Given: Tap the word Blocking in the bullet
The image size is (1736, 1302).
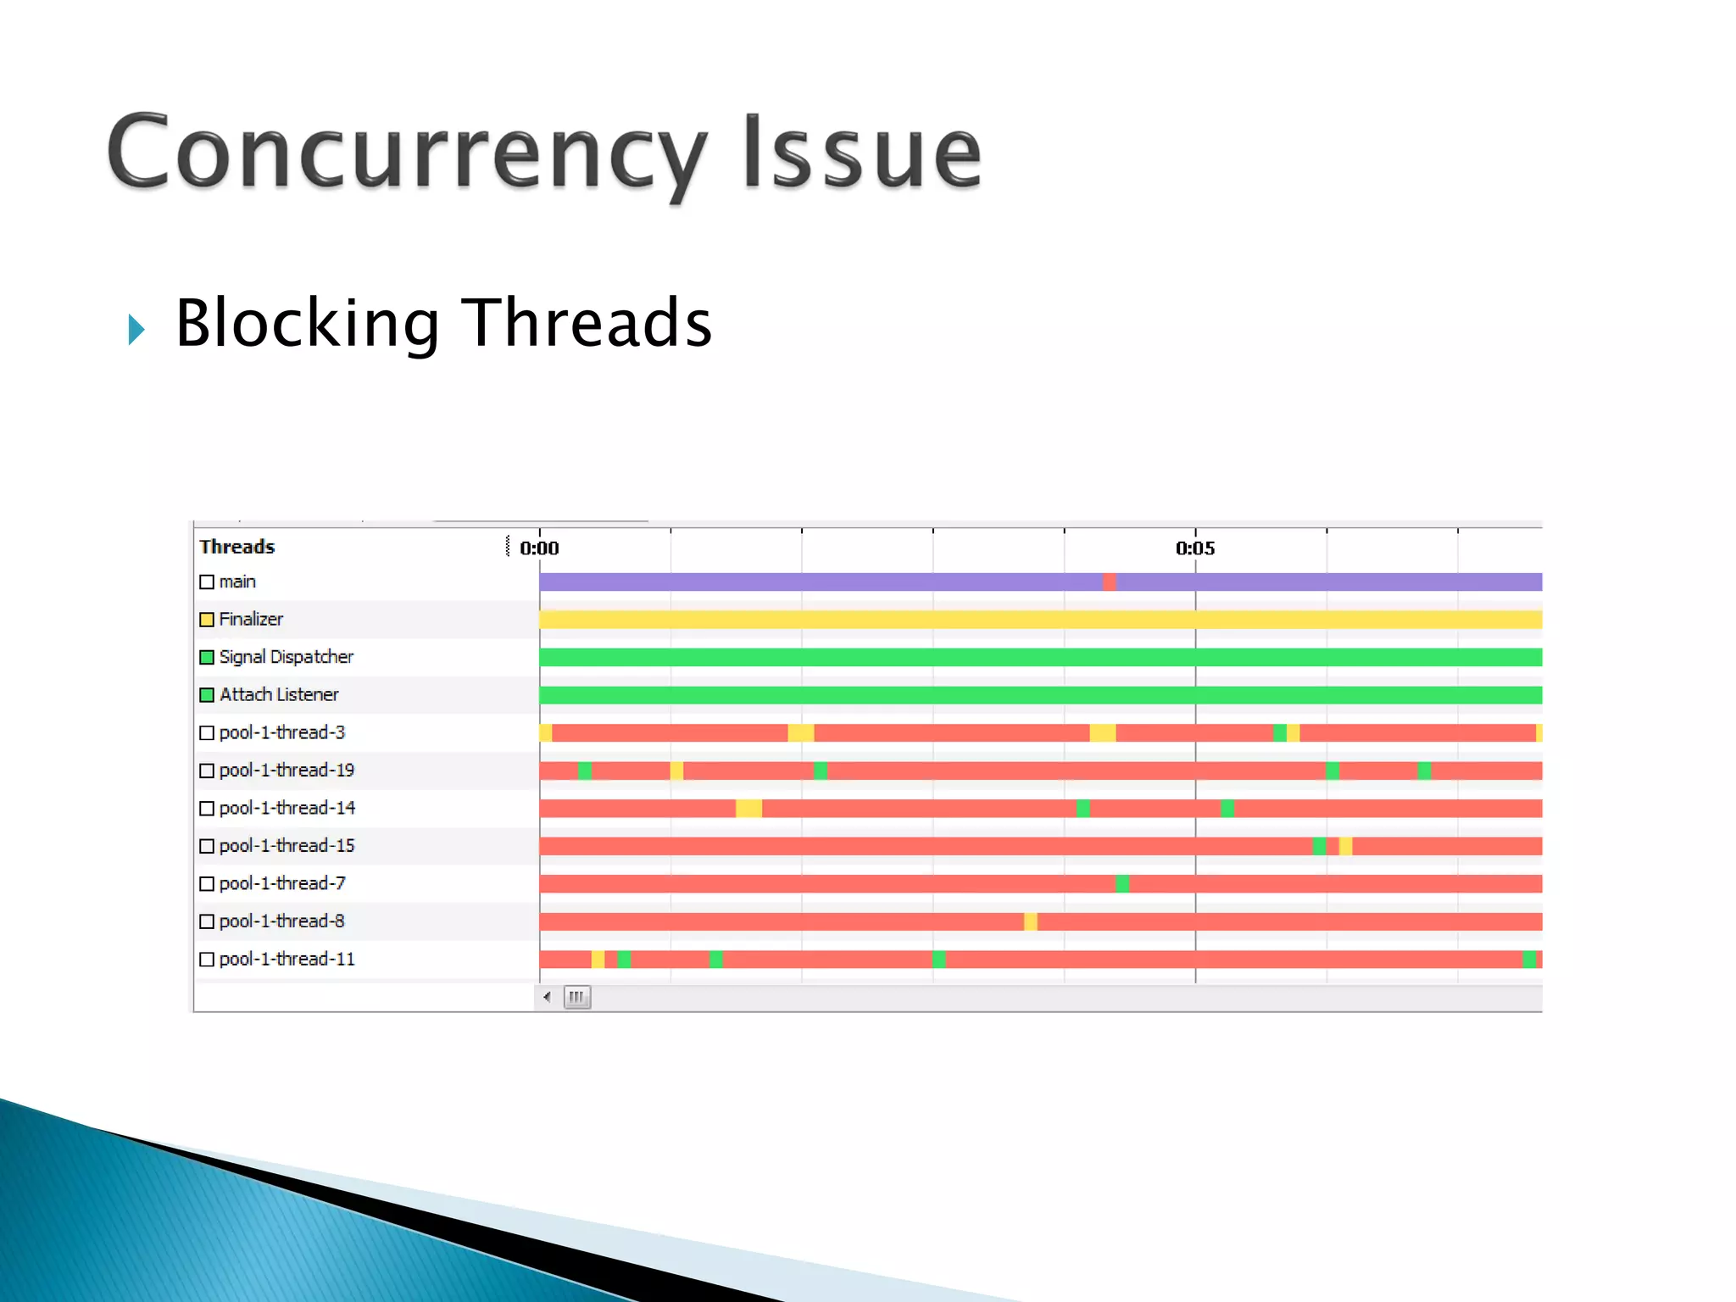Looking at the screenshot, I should pos(307,323).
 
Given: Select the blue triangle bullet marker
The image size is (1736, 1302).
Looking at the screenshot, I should pos(136,329).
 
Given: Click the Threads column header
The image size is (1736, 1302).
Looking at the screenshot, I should pos(237,547).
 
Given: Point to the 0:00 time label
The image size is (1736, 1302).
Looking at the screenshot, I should pos(539,548).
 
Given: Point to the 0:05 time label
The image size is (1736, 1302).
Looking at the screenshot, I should pos(1195,548).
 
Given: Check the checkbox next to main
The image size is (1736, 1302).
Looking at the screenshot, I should pos(207,582).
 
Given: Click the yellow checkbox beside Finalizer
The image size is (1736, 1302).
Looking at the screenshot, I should pos(207,620).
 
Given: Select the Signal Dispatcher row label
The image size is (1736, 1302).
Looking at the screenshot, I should pos(286,657).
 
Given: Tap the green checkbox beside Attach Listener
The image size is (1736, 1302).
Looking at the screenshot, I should pos(207,695).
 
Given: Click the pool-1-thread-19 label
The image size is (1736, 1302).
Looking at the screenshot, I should pos(287,771).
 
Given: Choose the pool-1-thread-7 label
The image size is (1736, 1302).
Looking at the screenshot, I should pos(282,883).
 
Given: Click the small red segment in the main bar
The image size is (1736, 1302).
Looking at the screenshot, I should pos(1109,581).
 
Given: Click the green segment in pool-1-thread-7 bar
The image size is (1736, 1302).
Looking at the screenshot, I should pos(1122,884).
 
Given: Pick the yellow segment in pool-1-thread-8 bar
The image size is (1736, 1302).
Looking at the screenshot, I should pos(1030,921).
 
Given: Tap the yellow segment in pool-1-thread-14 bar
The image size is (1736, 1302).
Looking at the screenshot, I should pos(748,809).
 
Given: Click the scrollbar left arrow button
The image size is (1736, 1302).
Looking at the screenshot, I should pos(548,997).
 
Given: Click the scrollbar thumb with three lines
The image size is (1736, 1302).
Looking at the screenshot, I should pos(577,997).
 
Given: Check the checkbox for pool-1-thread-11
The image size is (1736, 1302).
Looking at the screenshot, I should pos(207,960).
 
